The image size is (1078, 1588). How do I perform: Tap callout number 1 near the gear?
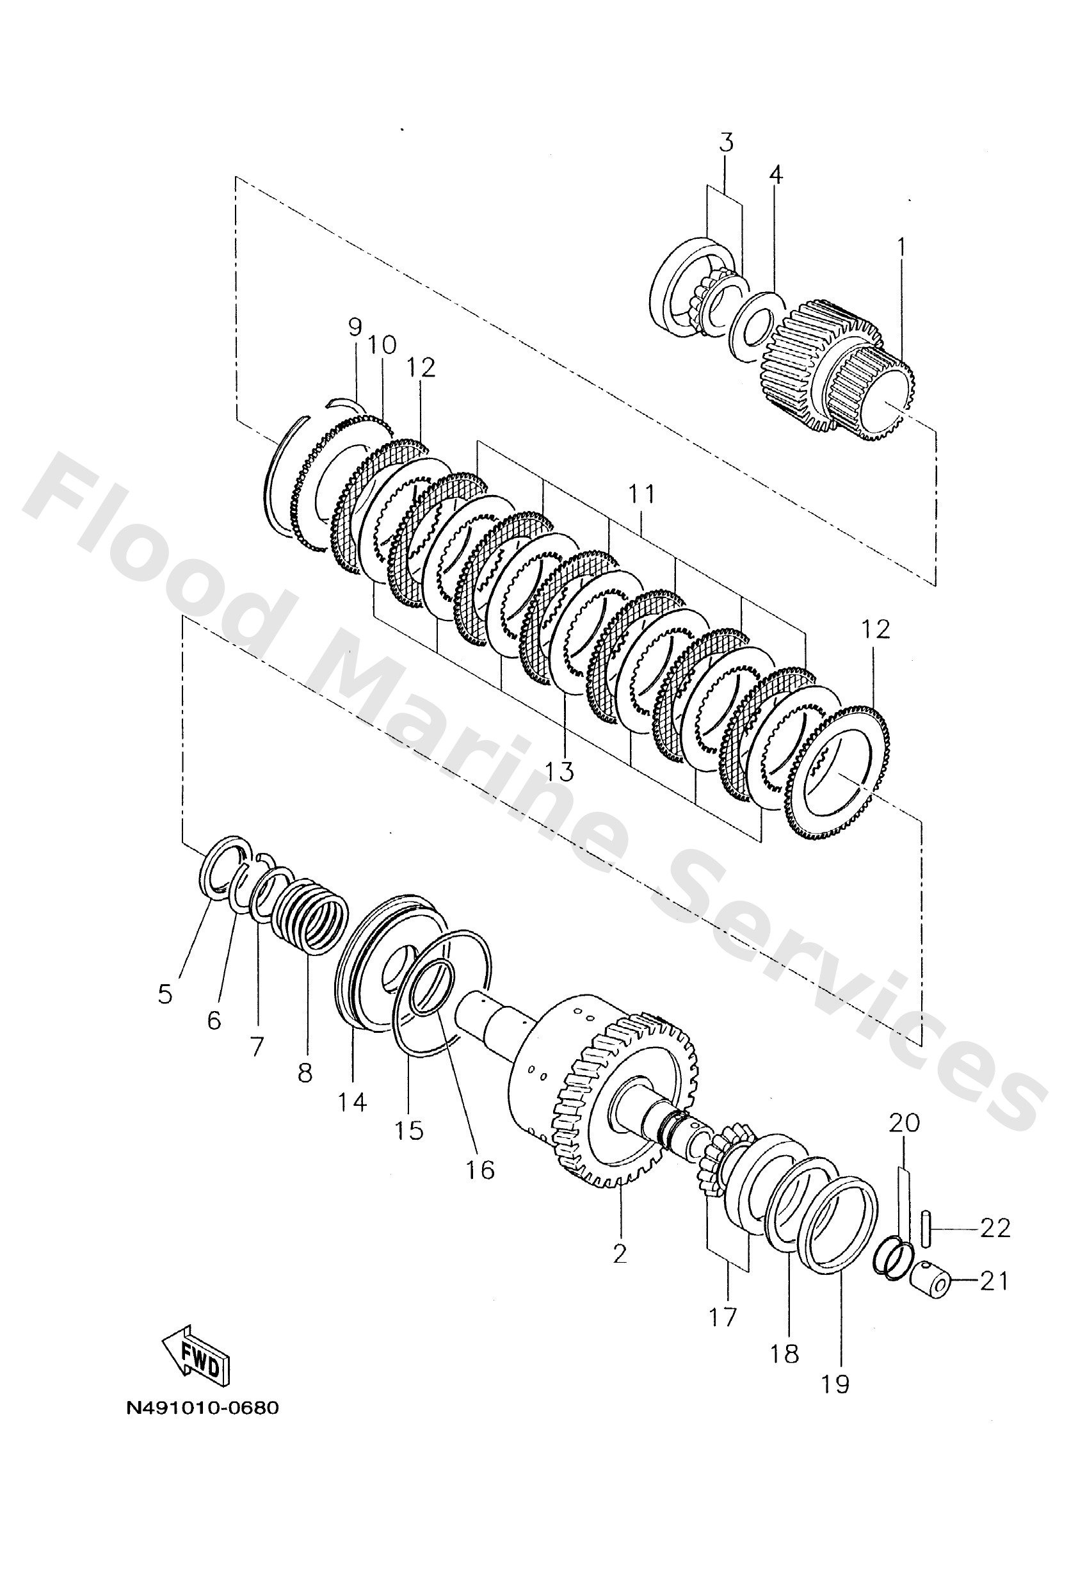pyautogui.click(x=901, y=246)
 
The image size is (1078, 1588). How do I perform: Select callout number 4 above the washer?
pyautogui.click(x=775, y=175)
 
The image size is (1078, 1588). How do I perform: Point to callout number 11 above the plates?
pyautogui.click(x=641, y=493)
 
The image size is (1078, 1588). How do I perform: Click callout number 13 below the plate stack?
pyautogui.click(x=559, y=772)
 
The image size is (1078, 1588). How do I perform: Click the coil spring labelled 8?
pyautogui.click(x=312, y=916)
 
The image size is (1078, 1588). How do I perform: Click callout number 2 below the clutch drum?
pyautogui.click(x=620, y=1253)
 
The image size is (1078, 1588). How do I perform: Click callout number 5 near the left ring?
pyautogui.click(x=165, y=994)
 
